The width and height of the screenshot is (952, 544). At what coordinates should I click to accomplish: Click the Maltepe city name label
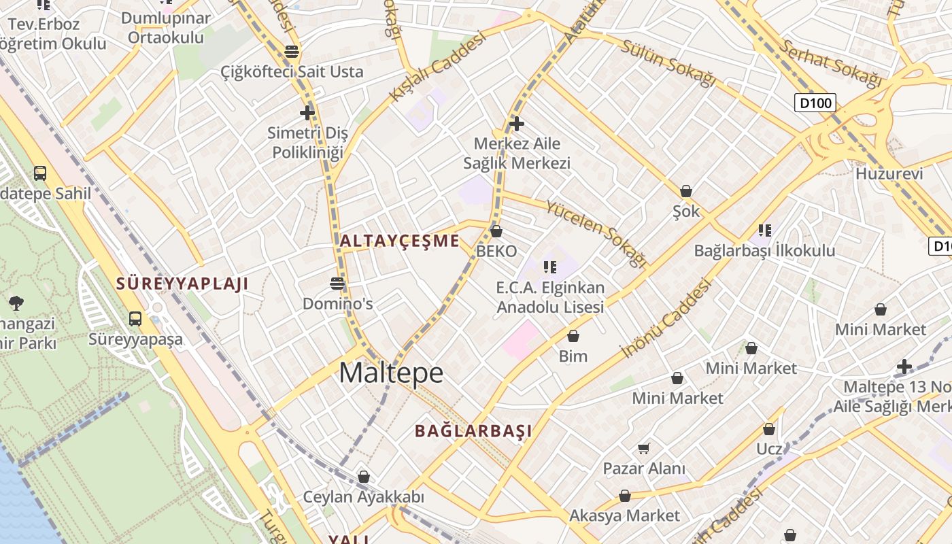tap(391, 373)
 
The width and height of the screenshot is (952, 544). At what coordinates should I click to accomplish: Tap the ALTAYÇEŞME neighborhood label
tap(400, 241)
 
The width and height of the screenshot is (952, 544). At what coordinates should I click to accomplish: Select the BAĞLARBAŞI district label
tap(473, 430)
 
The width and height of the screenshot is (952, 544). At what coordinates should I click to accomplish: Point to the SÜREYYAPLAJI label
tap(182, 284)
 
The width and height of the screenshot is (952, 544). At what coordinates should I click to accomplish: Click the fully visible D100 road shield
tap(815, 103)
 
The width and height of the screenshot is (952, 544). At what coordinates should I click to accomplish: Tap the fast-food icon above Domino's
tap(337, 283)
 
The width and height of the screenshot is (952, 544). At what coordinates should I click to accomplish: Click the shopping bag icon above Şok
tap(686, 191)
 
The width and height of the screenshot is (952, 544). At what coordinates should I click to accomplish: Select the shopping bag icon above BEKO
tap(496, 231)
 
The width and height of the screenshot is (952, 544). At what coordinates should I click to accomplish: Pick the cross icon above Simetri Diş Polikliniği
tap(307, 112)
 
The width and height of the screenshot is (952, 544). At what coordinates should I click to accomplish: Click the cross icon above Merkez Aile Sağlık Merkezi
tap(517, 123)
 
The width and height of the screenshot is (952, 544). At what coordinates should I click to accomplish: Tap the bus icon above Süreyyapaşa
tap(135, 318)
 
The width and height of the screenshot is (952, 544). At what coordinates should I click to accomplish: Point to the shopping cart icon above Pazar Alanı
tap(643, 448)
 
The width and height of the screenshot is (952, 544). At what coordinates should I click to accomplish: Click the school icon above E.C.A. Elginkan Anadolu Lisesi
tap(550, 267)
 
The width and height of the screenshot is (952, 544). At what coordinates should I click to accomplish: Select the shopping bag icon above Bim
tap(573, 336)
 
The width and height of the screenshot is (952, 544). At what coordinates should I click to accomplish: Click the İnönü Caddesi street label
tap(667, 318)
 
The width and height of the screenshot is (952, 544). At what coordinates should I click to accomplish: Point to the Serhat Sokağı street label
tap(831, 64)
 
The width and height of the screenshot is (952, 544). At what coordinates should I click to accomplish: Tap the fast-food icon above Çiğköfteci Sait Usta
tap(292, 51)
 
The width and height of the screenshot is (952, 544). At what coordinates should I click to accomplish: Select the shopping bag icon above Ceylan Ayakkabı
tap(364, 477)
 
